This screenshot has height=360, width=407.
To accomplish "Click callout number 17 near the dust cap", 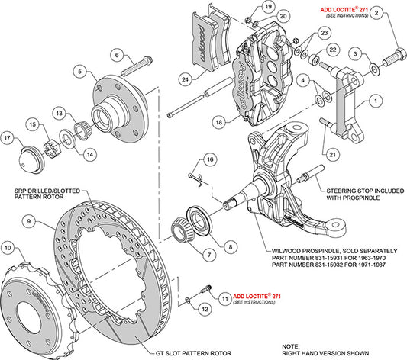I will [x=9, y=138].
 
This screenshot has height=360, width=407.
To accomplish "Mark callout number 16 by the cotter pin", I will [x=206, y=159].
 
